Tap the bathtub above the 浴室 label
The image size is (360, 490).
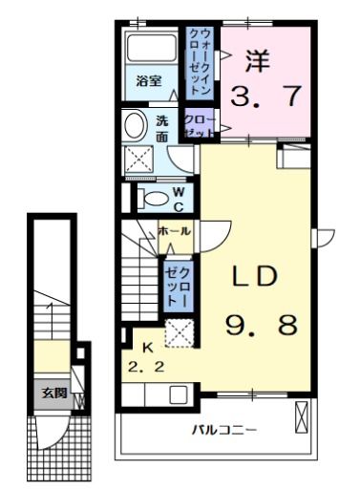(151, 49)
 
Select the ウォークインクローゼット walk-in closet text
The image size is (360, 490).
(201, 61)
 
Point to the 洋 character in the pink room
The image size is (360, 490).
(255, 59)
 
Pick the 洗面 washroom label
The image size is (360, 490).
(162, 129)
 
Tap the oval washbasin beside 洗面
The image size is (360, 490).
(136, 123)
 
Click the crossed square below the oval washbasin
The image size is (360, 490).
(138, 159)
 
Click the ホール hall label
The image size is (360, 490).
(173, 231)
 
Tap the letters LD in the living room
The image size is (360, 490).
(256, 277)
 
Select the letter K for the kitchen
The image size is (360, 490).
(147, 347)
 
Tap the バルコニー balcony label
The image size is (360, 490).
(222, 431)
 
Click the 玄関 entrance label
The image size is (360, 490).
(53, 392)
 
